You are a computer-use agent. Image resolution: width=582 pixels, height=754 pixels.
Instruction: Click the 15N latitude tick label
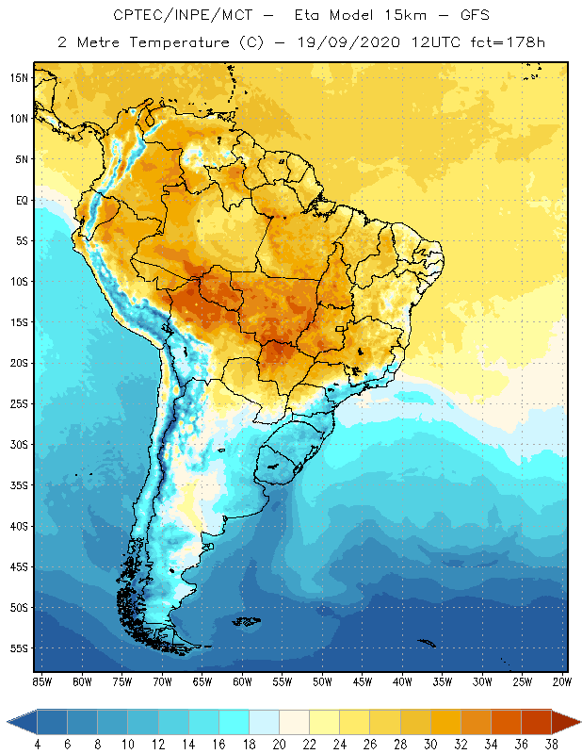pyautogui.click(x=19, y=77)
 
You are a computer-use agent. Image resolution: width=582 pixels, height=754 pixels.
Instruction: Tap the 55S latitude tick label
pyautogui.click(x=19, y=648)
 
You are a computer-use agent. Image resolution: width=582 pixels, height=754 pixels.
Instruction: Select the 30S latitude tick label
pyautogui.click(x=19, y=444)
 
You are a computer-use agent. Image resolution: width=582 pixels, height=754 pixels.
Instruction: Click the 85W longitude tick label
pyautogui.click(x=41, y=681)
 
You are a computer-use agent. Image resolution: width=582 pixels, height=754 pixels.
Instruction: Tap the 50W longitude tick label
pyautogui.click(x=322, y=681)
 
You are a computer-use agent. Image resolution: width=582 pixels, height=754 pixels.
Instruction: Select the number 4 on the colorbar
pyautogui.click(x=37, y=745)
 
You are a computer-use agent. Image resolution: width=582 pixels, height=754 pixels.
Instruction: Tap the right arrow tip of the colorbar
pyautogui.click(x=578, y=722)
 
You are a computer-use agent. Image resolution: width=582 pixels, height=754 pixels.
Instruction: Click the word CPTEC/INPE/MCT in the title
pyautogui.click(x=169, y=16)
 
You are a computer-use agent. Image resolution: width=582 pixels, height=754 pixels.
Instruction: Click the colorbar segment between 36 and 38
pyautogui.click(x=537, y=722)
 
